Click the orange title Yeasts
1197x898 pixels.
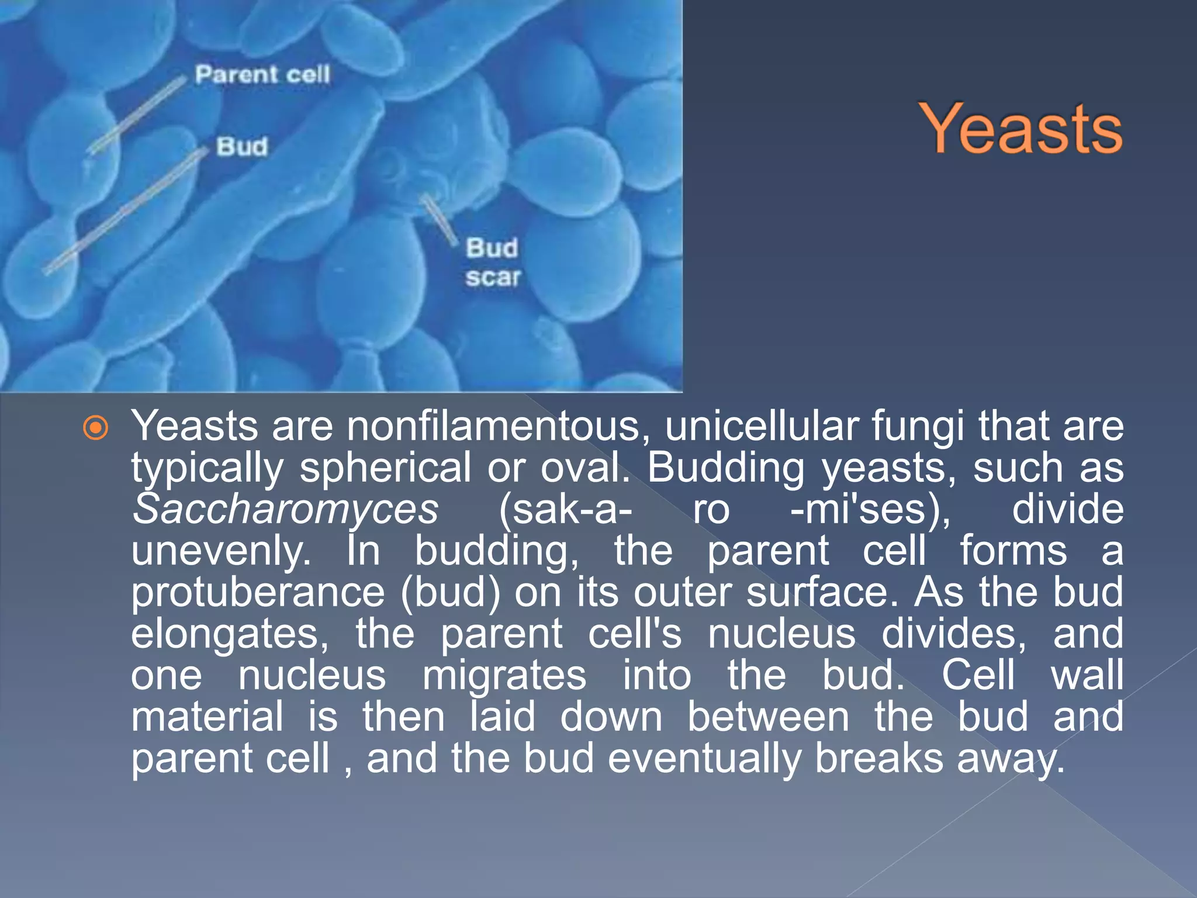1020,129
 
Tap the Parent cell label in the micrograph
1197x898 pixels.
262,75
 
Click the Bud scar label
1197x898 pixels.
492,263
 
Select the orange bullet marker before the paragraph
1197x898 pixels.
96,428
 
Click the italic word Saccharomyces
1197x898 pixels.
285,509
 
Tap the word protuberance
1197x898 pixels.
258,593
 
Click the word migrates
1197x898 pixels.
504,675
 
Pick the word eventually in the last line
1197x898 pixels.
704,758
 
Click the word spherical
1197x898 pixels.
385,468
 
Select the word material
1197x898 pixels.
207,717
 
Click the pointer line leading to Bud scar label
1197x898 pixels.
440,219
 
